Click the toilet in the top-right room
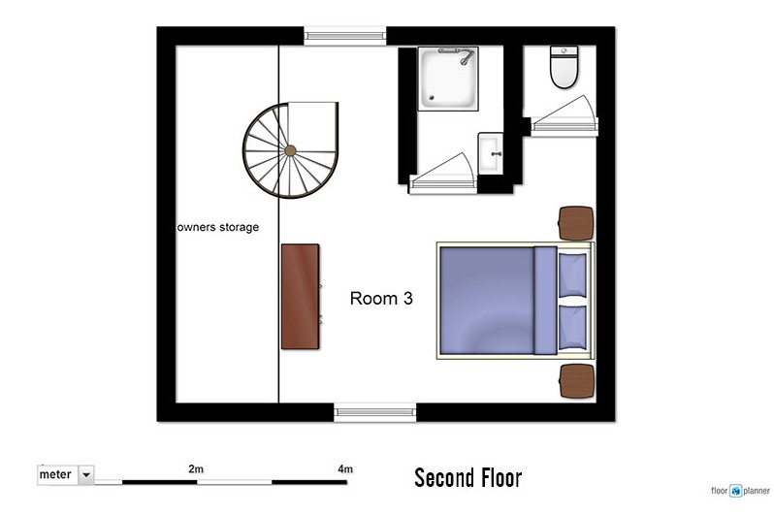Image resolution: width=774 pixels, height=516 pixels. tap(564, 67)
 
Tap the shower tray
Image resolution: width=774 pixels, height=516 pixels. tap(448, 79)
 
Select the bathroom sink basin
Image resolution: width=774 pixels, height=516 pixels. tap(491, 153)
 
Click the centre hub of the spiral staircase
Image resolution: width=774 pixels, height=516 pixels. tap(290, 150)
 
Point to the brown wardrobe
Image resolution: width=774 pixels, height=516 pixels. tap(300, 297)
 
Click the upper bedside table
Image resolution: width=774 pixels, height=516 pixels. tap(576, 223)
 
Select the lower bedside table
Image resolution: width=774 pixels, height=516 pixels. tap(576, 381)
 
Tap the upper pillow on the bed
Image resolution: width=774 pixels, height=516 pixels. tap(572, 275)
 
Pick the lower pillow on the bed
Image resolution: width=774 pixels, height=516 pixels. tap(572, 328)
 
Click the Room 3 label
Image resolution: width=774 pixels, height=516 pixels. tap(381, 298)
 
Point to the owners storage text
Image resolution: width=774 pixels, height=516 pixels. tap(217, 227)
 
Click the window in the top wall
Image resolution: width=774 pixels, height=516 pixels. tap(344, 36)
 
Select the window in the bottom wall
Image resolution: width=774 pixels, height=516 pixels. tap(375, 412)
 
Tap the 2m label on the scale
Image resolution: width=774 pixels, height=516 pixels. tap(196, 468)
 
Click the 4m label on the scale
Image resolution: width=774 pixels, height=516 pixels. tap(345, 468)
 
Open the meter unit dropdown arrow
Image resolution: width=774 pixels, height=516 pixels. tap(86, 475)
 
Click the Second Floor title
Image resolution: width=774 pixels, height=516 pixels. tap(468, 478)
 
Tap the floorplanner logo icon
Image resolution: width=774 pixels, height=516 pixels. tap(736, 491)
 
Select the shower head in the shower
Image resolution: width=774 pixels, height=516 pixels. tap(466, 58)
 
